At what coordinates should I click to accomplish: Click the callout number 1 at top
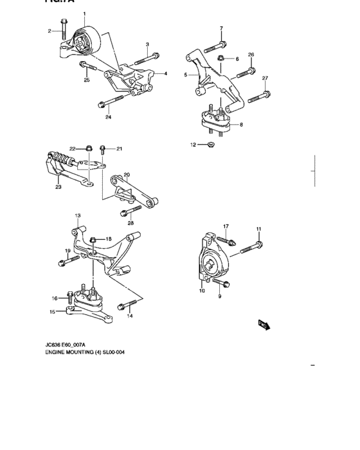84,14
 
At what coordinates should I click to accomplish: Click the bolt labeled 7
215,45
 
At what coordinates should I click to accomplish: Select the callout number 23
58,187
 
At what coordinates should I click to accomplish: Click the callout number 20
127,174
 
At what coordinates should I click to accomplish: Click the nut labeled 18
93,240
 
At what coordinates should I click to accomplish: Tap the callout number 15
53,312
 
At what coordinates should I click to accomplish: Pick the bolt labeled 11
253,245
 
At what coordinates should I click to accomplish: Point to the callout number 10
202,291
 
